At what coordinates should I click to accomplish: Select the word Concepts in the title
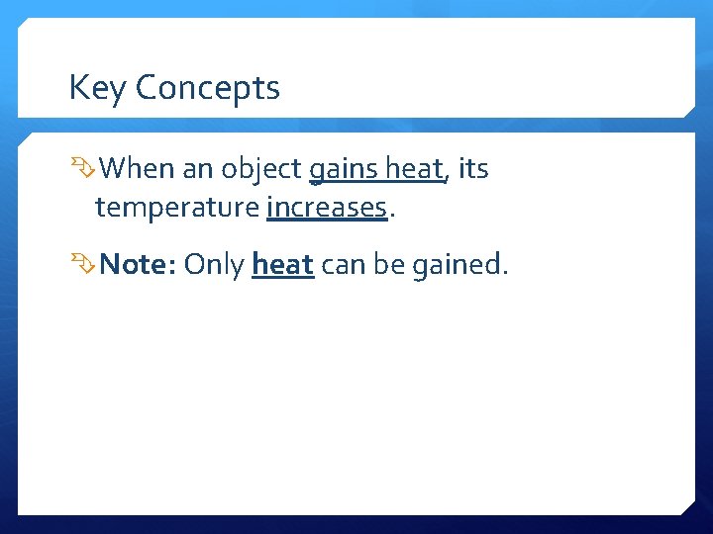tap(208, 88)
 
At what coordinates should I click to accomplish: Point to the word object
tap(261, 170)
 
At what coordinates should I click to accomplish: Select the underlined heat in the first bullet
tap(414, 169)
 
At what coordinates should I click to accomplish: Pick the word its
tap(473, 169)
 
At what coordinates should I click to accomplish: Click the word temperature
tap(177, 208)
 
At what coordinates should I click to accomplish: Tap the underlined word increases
tap(326, 208)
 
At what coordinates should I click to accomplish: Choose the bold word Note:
tap(138, 264)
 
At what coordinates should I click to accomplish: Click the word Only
tap(214, 264)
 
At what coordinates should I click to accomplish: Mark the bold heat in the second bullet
tap(283, 264)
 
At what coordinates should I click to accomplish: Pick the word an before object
tap(197, 170)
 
